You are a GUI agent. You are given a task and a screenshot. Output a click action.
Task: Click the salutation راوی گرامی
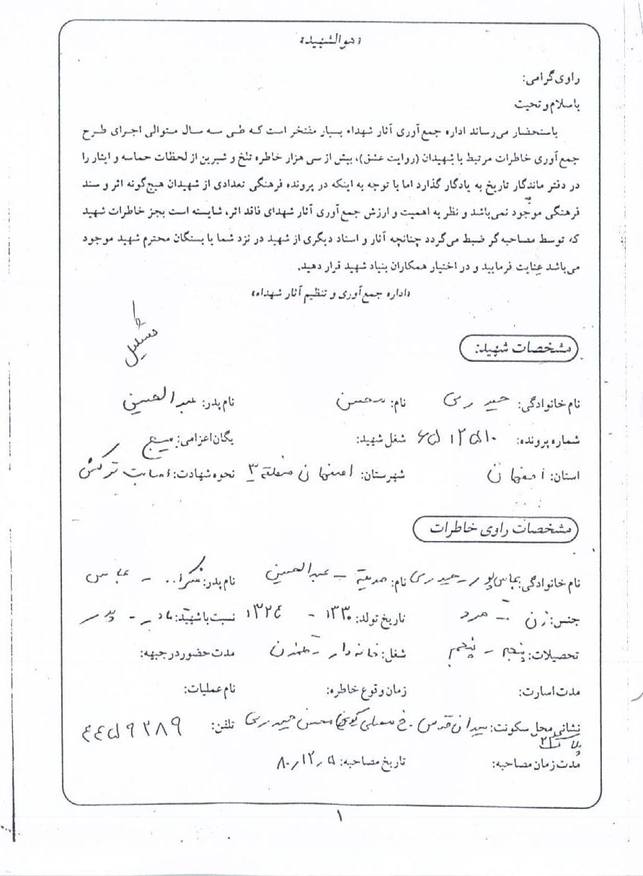click(550, 79)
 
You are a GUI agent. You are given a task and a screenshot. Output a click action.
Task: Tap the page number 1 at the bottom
click(338, 817)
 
